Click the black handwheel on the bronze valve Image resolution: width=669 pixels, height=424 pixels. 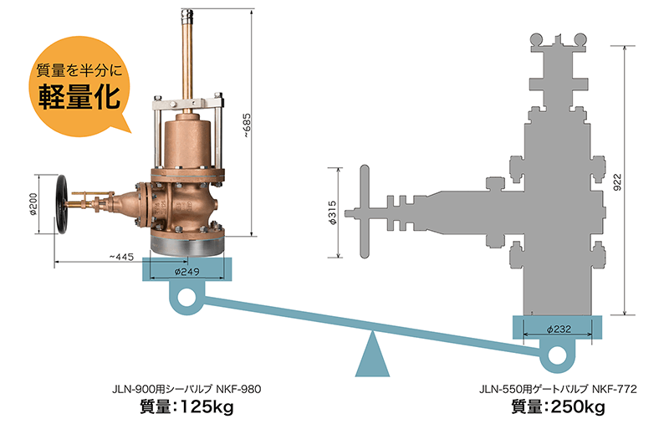tap(62, 204)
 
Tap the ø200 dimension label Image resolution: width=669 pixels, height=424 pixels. tap(33, 204)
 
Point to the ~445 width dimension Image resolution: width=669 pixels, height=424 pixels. tap(121, 257)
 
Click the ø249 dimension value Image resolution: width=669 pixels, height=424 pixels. tap(186, 272)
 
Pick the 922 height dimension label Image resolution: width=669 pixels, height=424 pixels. tap(617, 182)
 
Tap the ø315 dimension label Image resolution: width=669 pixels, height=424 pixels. tap(333, 212)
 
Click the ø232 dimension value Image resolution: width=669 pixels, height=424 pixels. tap(559, 329)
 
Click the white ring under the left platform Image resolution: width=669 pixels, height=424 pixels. tap(186, 298)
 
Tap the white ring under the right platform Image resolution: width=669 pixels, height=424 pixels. tap(557, 355)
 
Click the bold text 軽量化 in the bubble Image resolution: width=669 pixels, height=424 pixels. tap(79, 96)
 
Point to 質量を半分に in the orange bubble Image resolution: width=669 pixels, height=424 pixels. tap(79, 70)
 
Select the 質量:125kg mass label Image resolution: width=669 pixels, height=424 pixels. tap(186, 406)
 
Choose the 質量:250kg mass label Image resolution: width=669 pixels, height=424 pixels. tap(559, 406)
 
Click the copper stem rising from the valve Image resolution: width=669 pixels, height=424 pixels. tap(186, 59)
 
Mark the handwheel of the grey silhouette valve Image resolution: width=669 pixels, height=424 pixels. tap(365, 212)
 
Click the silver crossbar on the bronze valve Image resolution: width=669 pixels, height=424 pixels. tap(187, 103)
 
